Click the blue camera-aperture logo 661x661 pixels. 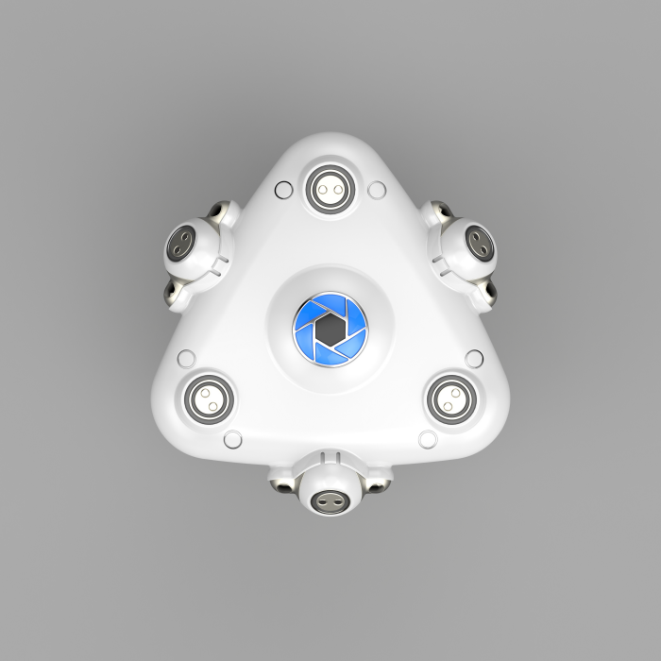click(x=329, y=329)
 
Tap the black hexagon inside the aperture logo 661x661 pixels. click(x=329, y=329)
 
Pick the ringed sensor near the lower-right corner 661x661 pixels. click(x=451, y=397)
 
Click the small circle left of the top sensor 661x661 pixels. click(x=280, y=190)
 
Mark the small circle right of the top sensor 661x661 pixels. click(x=377, y=190)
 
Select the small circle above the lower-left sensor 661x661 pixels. click(x=186, y=358)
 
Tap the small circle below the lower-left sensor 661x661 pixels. click(x=231, y=438)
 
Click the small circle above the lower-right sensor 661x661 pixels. click(x=474, y=358)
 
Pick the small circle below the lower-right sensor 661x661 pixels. click(x=427, y=438)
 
